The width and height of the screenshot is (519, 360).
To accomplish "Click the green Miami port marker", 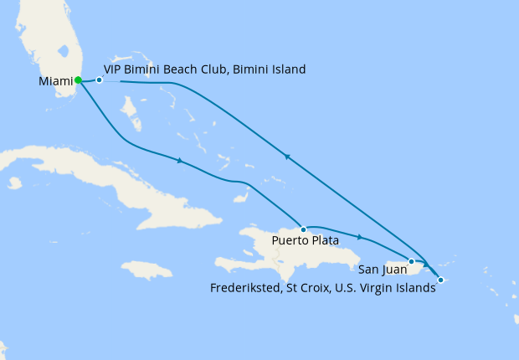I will tap(78, 80).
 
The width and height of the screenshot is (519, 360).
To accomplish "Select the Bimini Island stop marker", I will tap(100, 80).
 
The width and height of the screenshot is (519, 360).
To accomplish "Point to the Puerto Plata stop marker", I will tap(302, 229).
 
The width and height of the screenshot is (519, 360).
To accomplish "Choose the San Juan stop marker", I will tap(411, 262).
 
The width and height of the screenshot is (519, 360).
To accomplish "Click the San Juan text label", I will tap(383, 270).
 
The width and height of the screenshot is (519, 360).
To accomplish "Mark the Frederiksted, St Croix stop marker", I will tap(440, 280).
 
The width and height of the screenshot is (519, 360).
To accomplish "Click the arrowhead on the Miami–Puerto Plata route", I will tap(180, 160).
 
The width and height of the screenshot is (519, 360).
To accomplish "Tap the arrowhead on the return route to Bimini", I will tap(286, 156).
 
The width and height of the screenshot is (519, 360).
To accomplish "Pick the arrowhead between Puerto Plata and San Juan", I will tap(360, 237).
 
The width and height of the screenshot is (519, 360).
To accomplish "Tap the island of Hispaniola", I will tap(276, 251).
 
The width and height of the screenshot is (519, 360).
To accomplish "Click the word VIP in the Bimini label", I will tap(113, 69).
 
